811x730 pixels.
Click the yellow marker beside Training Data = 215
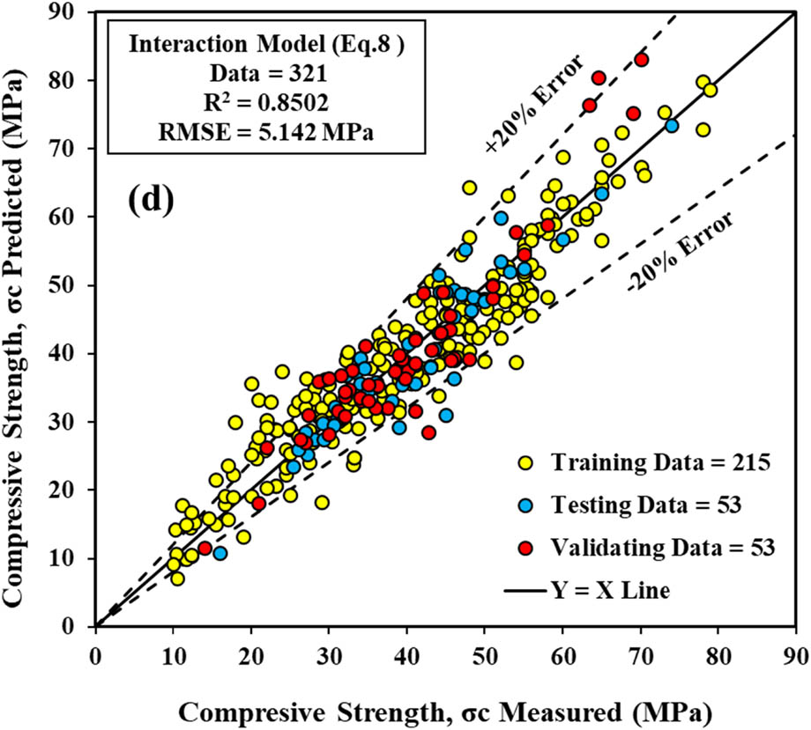tap(527, 461)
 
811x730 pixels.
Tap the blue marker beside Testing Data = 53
tap(527, 505)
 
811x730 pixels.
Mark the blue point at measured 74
tap(672, 126)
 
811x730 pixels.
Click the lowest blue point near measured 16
tap(219, 553)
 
